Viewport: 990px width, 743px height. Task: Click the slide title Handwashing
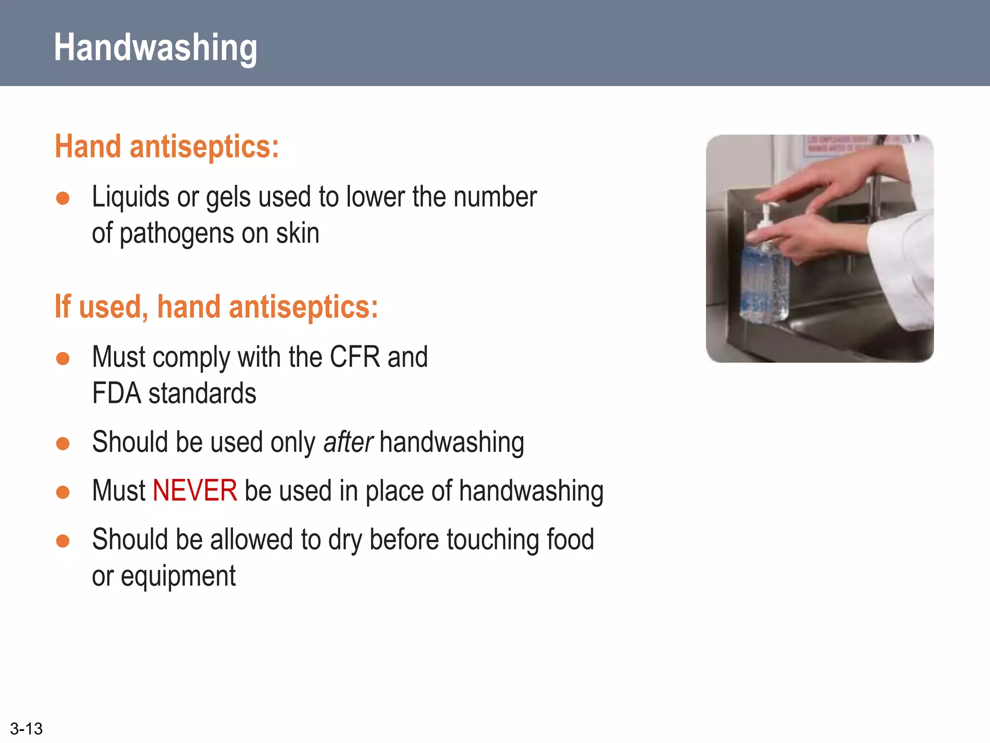(x=155, y=47)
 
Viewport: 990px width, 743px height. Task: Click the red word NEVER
(x=195, y=490)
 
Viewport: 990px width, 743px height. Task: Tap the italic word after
(x=348, y=442)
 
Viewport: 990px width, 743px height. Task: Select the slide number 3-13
(x=26, y=728)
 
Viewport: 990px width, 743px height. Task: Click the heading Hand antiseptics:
(x=167, y=147)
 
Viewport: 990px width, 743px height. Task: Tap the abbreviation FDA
(x=116, y=393)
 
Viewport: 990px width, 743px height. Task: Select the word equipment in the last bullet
(x=178, y=577)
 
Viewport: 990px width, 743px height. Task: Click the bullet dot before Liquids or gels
(x=63, y=198)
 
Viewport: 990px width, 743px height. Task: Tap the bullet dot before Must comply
(x=63, y=358)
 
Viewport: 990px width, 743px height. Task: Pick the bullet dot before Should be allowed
(x=63, y=540)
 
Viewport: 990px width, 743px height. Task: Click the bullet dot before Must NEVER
(x=63, y=492)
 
